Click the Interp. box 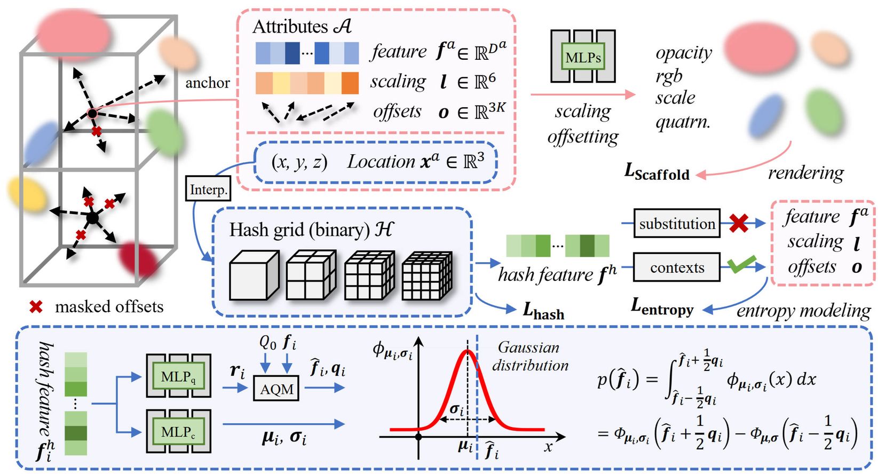208,189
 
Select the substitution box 677,224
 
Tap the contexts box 677,267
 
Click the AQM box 276,389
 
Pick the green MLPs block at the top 583,57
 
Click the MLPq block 178,376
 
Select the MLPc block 178,431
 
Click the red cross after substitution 738,223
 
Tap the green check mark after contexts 741,264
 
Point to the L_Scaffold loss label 657,172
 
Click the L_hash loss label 543,311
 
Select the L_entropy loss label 662,307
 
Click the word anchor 207,83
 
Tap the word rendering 805,173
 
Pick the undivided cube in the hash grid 254,275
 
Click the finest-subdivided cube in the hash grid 426,275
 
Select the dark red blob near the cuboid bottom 138,259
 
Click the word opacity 684,53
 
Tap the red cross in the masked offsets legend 36,307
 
